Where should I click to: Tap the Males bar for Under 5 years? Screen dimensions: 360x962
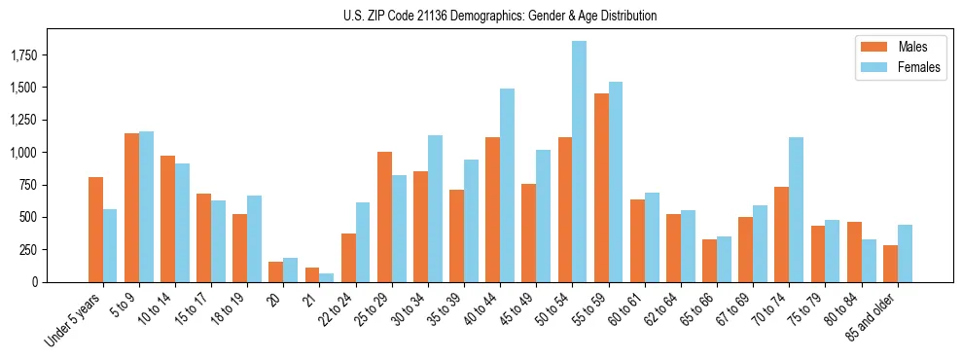coord(95,230)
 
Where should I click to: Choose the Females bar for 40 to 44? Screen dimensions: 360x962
coord(507,185)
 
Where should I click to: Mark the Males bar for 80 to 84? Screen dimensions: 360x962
coord(854,252)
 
